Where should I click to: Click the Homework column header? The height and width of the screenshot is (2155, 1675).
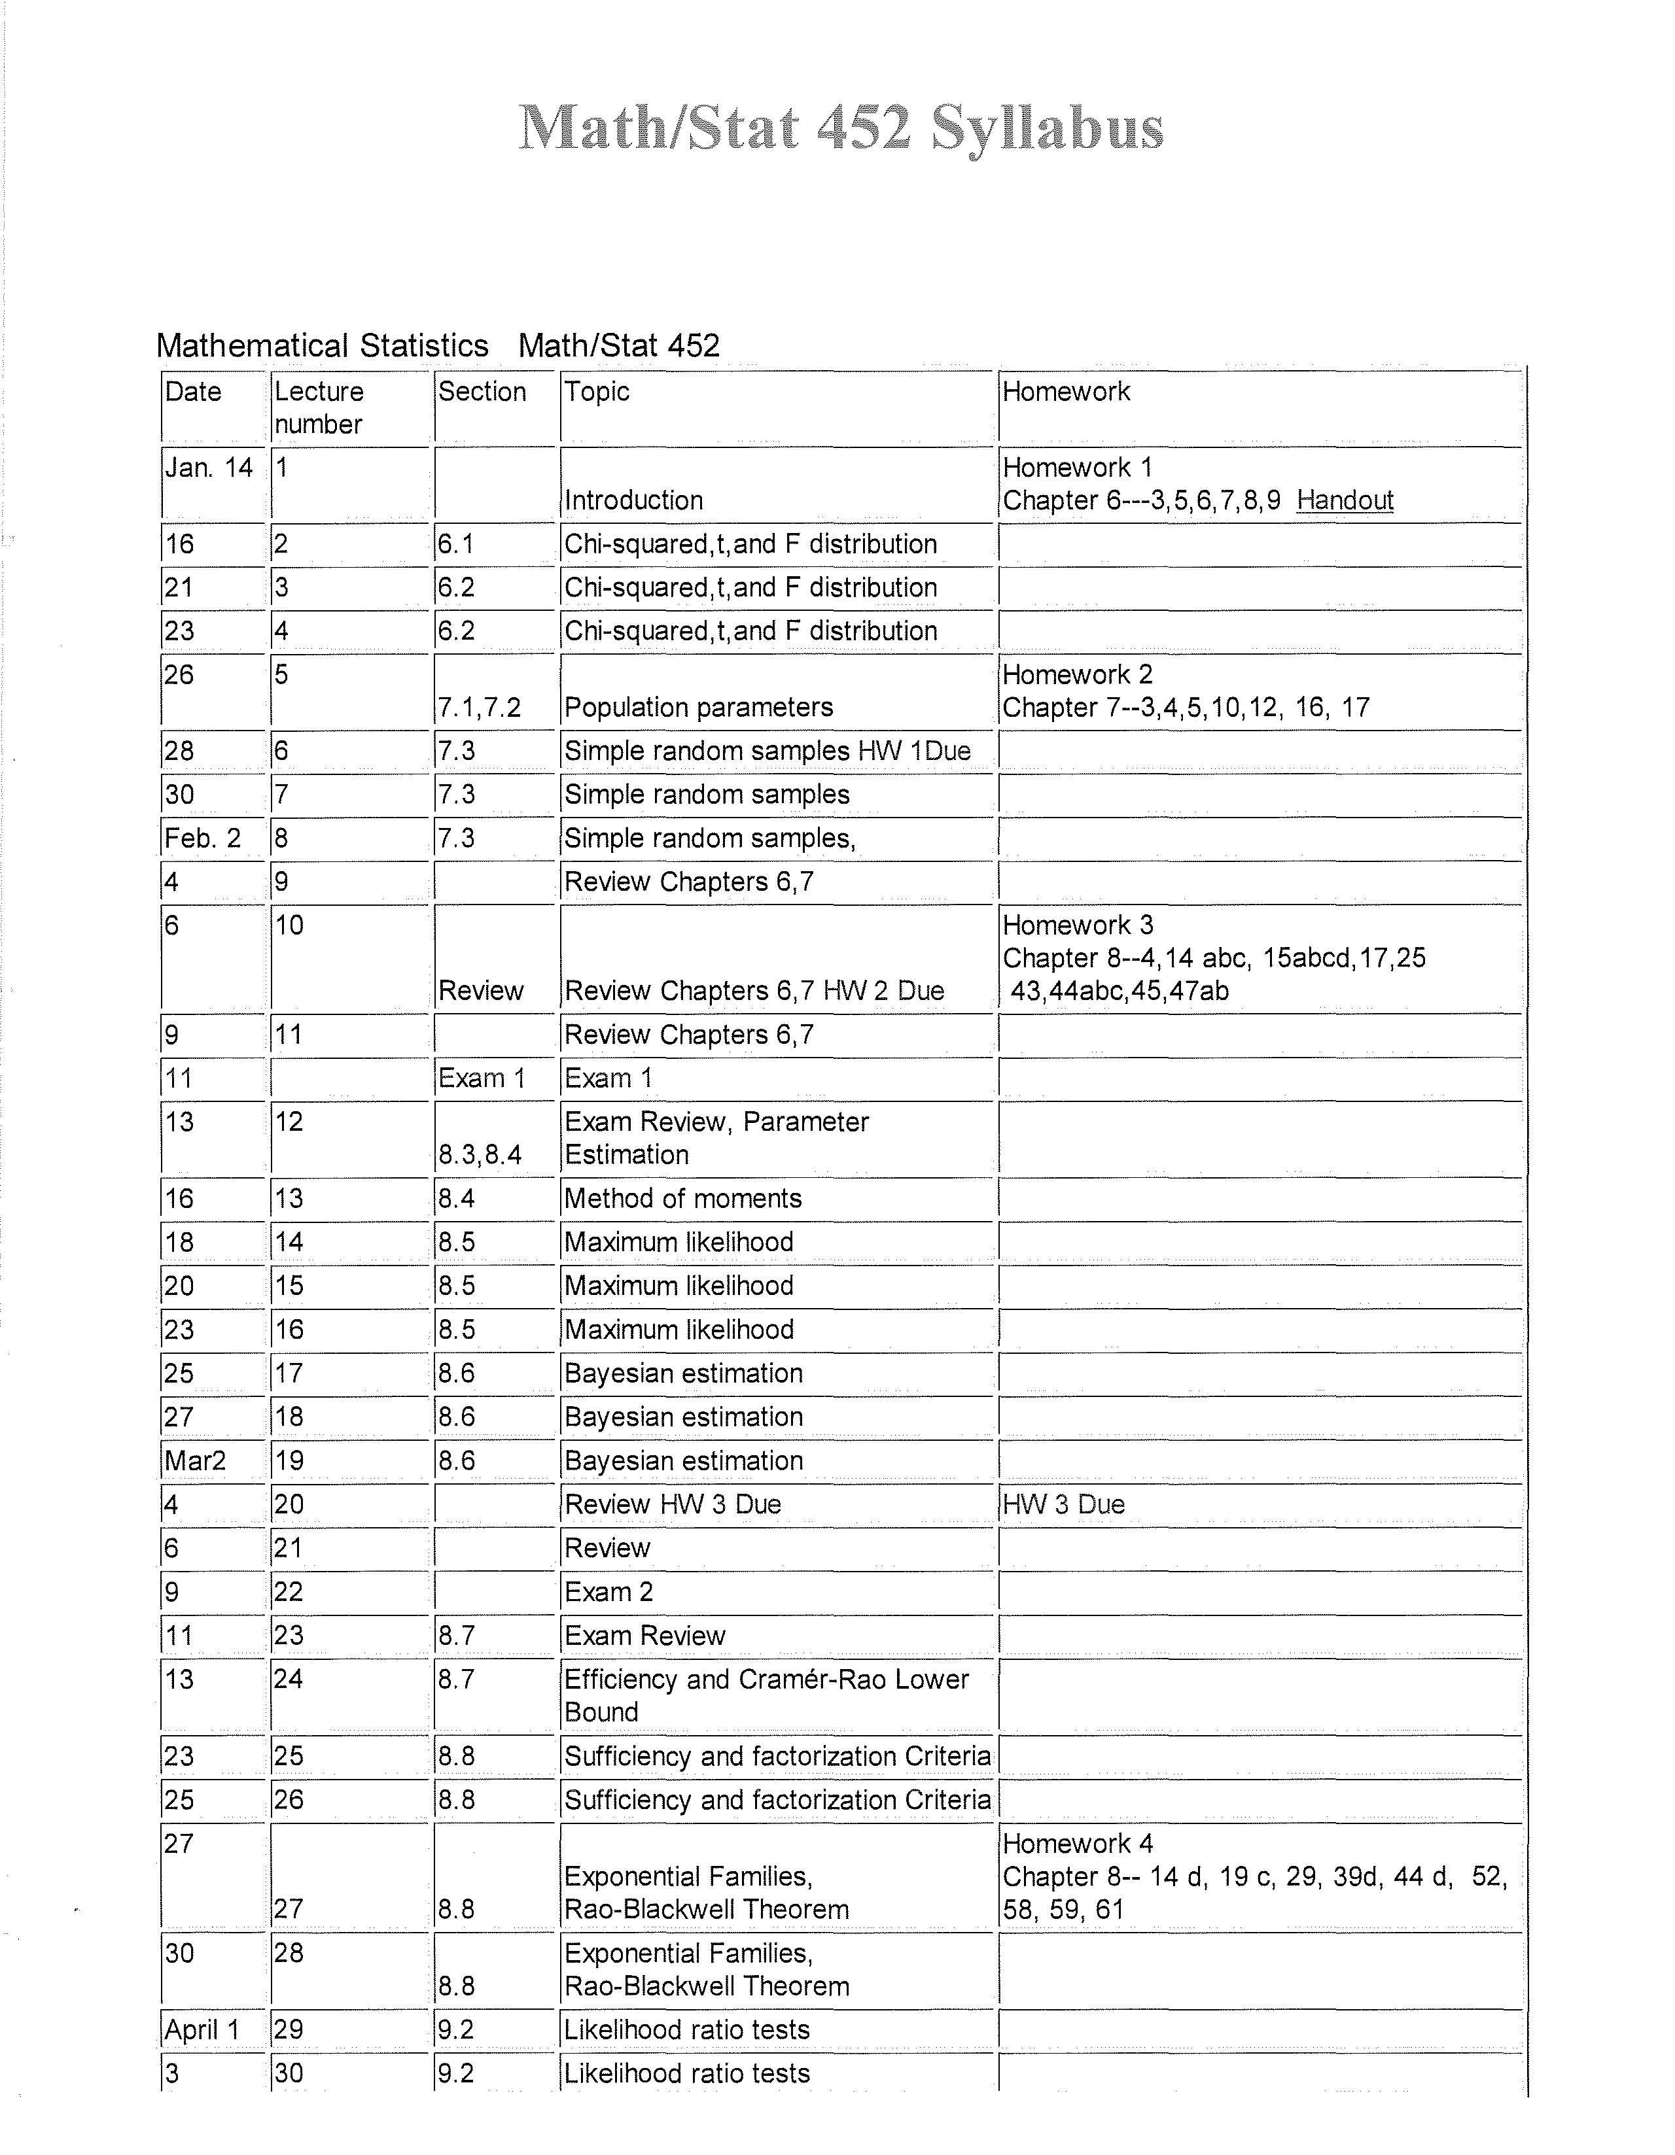click(x=1065, y=392)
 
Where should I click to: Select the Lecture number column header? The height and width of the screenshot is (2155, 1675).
click(x=319, y=407)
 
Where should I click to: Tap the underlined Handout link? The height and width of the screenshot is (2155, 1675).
click(x=1345, y=500)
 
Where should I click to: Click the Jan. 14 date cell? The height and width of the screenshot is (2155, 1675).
click(x=208, y=468)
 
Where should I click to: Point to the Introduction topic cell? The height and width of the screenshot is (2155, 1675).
click(x=633, y=500)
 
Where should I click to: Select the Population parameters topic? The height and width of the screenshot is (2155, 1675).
click(x=698, y=708)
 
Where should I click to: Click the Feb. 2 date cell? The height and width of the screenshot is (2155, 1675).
click(x=202, y=838)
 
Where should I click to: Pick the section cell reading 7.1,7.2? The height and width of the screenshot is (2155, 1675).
click(x=479, y=708)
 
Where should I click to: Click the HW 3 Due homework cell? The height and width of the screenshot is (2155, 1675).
click(x=1063, y=1505)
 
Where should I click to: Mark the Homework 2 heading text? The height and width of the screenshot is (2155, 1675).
click(x=1077, y=675)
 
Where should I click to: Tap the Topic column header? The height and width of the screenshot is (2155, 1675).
click(x=596, y=392)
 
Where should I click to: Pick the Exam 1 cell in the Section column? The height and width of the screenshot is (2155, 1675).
click(x=481, y=1078)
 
